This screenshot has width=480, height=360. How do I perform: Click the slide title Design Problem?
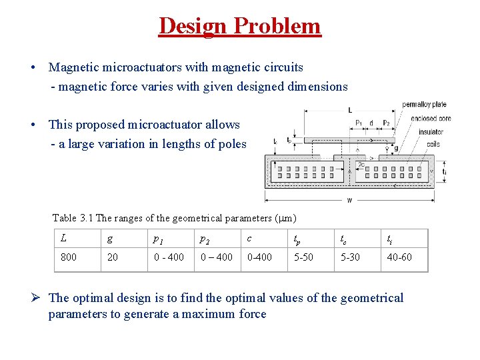(x=240, y=26)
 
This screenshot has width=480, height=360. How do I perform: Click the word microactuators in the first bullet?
(x=137, y=67)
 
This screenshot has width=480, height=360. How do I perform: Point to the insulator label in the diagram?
(x=431, y=131)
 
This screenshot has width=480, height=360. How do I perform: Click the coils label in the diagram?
(x=433, y=143)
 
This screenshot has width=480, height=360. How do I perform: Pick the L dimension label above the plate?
(x=351, y=110)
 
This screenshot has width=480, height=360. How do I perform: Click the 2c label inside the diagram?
(x=361, y=164)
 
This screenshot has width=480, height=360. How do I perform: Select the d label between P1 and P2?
(x=371, y=123)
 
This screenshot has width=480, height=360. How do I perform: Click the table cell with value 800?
(x=68, y=257)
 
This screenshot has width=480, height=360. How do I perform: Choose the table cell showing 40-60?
(x=399, y=257)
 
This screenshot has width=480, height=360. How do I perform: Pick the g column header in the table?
(x=109, y=238)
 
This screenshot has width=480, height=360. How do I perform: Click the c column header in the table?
(x=249, y=238)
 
